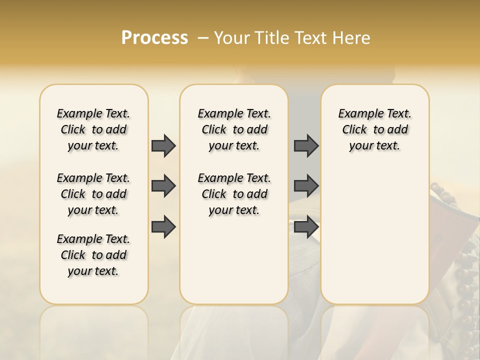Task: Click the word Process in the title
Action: [154, 38]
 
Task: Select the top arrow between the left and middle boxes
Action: [163, 145]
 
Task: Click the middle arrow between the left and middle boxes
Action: [163, 186]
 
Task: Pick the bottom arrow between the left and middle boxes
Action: [163, 227]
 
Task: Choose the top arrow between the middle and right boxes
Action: [306, 145]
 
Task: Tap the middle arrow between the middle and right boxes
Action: [306, 186]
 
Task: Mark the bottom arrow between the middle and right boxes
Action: [306, 227]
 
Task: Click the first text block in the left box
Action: [93, 129]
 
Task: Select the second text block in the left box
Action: [93, 194]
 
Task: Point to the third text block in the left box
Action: [93, 255]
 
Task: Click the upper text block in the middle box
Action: [234, 129]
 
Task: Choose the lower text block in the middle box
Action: [234, 194]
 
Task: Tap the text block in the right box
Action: [375, 129]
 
